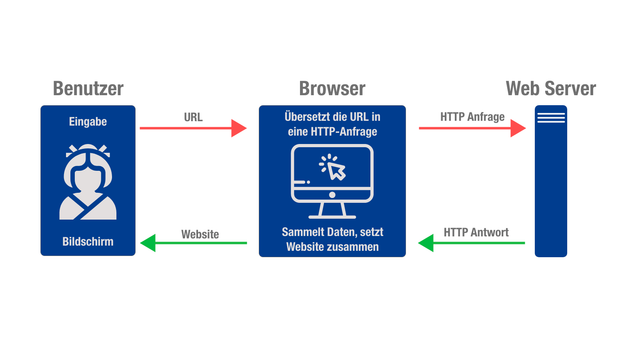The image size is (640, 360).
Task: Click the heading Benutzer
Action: point(88,88)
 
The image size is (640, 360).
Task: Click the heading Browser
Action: point(332,88)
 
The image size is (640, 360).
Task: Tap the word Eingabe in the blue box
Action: point(88,122)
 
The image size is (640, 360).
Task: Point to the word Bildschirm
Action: point(88,241)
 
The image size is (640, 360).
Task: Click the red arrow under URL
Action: point(192,128)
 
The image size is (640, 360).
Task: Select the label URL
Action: point(193,116)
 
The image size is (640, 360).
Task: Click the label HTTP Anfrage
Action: point(473,116)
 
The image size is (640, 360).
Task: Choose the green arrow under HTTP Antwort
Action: point(470,242)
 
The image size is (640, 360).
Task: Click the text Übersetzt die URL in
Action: point(332,116)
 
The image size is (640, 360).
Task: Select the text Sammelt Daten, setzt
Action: point(332,232)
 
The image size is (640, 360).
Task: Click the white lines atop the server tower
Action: point(550,117)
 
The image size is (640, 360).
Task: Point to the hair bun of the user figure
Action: point(88,153)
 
